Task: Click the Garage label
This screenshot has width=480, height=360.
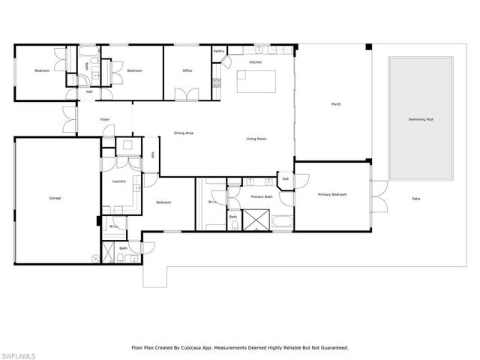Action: (x=55, y=198)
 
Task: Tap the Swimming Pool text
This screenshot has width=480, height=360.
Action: (x=420, y=119)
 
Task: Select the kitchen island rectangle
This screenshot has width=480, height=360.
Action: (x=256, y=81)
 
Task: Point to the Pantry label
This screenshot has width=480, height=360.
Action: (x=218, y=51)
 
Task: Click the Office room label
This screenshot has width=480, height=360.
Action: (x=187, y=70)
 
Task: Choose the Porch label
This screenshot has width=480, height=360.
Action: (x=336, y=104)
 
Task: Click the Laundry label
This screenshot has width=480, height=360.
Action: (x=118, y=181)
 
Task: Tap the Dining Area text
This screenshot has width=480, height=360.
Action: (x=184, y=133)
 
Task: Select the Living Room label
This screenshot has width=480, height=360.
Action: (x=256, y=139)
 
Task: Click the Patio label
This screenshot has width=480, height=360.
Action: (x=415, y=199)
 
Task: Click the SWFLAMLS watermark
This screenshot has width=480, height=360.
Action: (x=21, y=353)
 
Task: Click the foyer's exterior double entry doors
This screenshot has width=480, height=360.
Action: (x=69, y=119)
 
